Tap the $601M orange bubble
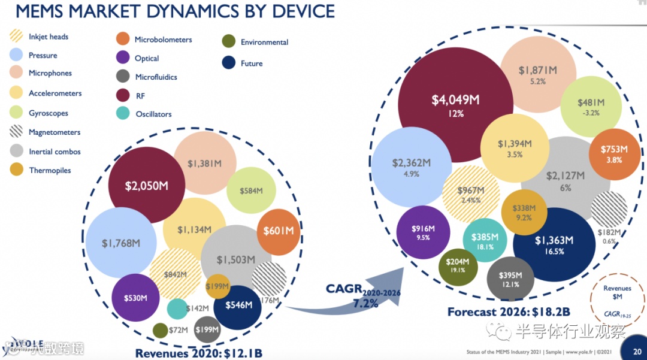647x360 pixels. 279,231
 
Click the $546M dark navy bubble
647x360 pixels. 238,305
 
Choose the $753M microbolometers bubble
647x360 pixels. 614,153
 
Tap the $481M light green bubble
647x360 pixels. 590,106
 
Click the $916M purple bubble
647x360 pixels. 422,232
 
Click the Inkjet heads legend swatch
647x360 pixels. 16,37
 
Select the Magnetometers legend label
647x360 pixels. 54,132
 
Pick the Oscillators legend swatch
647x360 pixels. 123,114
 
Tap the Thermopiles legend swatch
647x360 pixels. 17,171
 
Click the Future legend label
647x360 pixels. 252,63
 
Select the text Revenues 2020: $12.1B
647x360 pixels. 199,353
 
